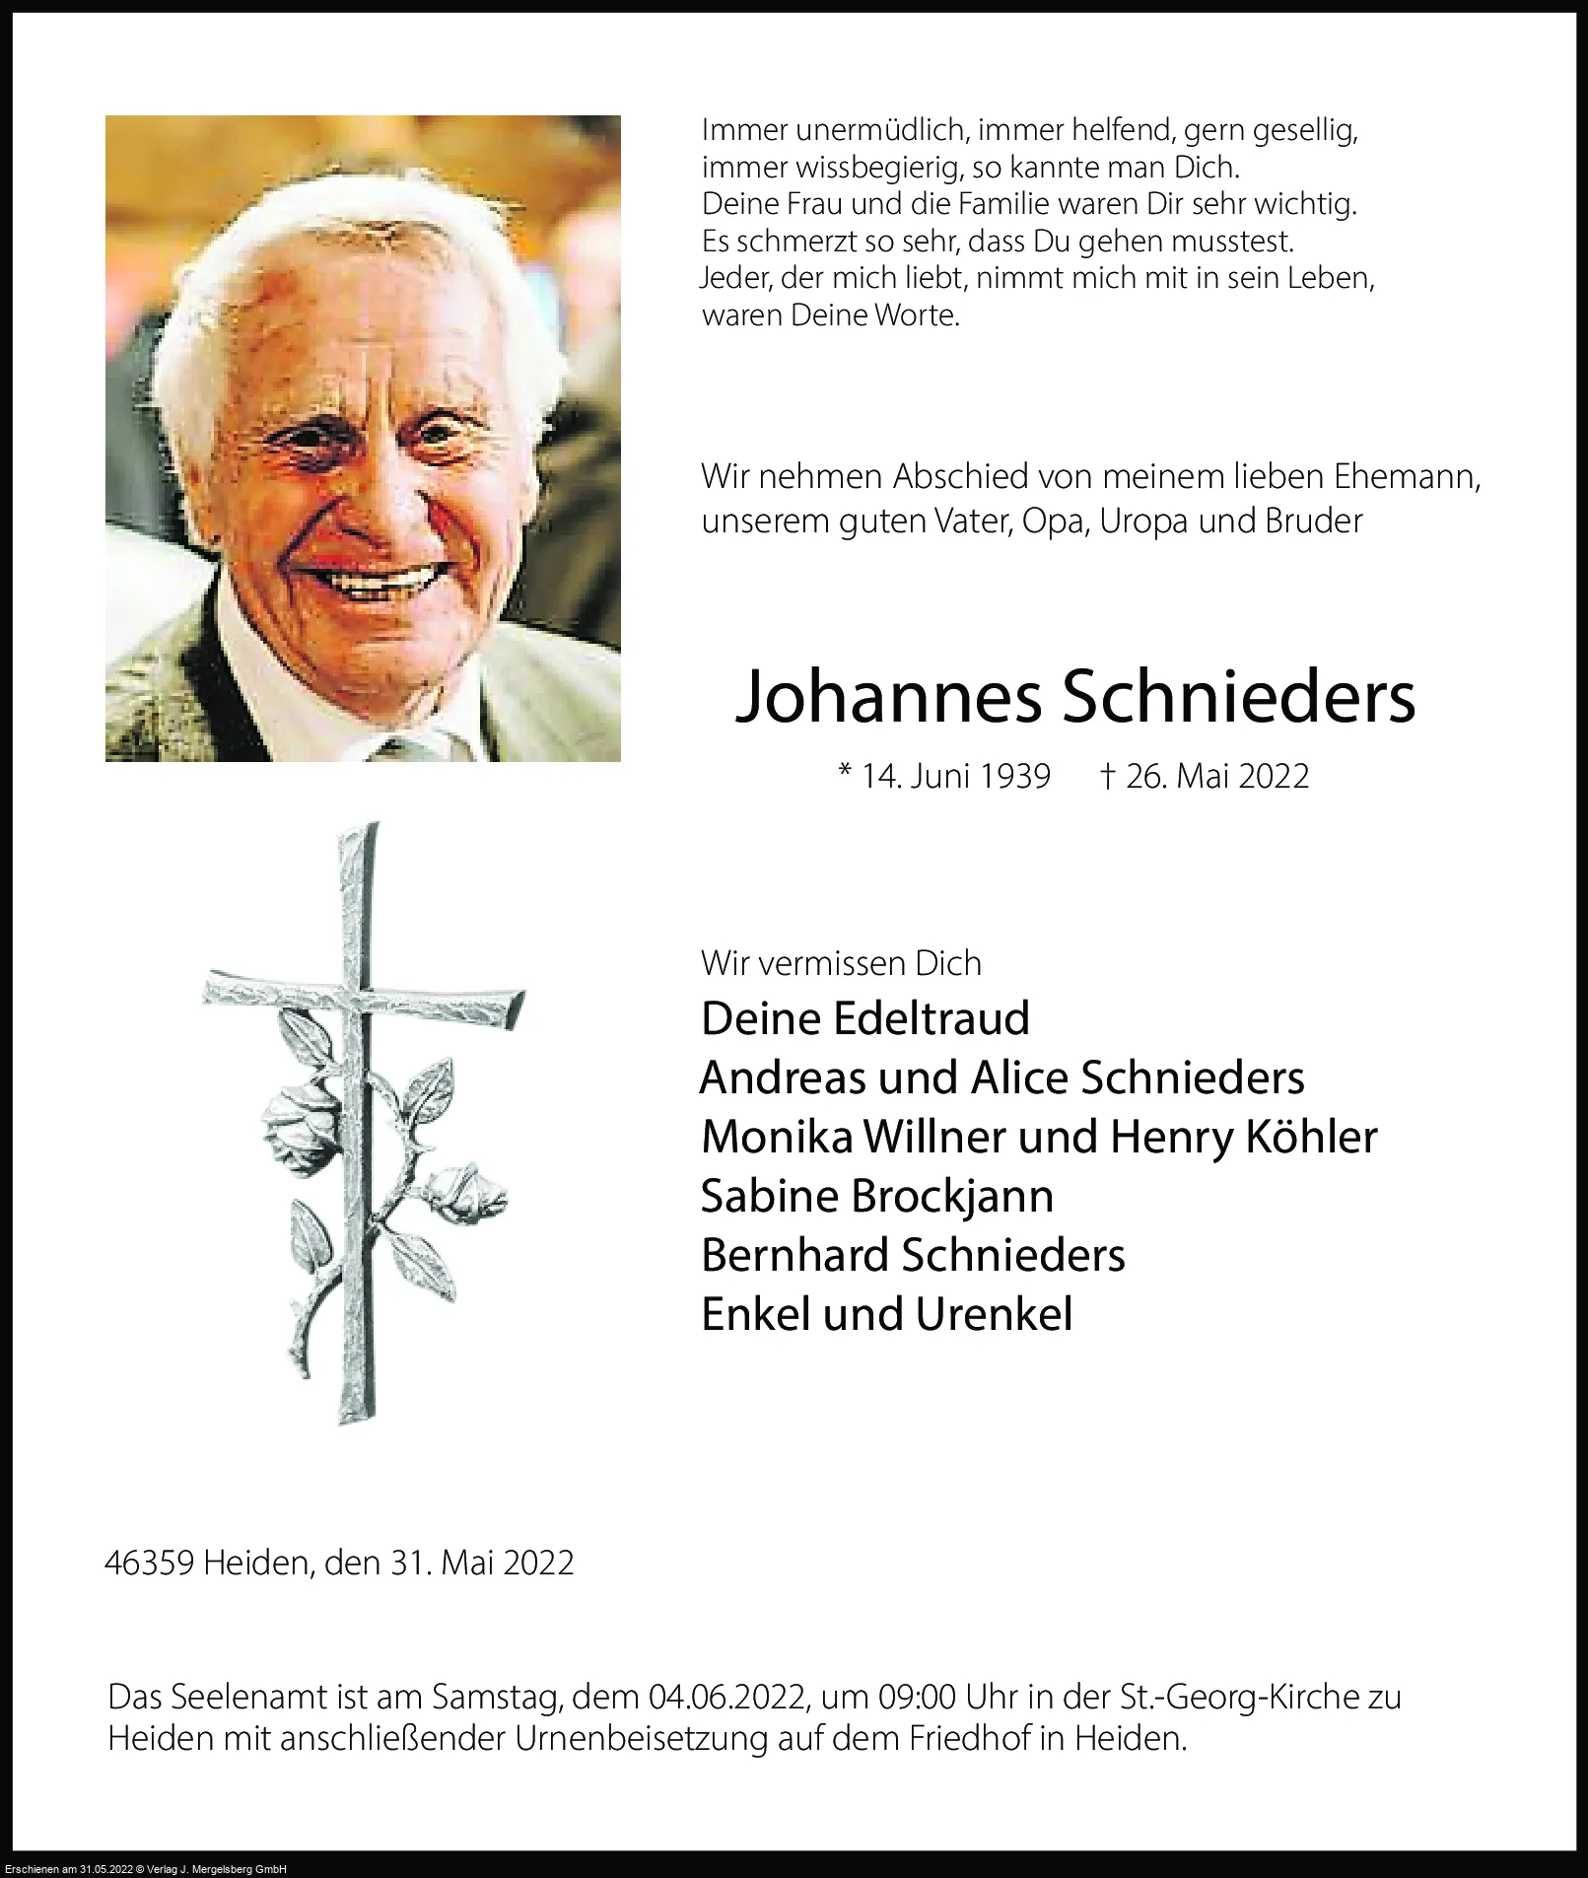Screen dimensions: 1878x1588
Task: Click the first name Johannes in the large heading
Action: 888,697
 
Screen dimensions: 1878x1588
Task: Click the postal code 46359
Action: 149,1564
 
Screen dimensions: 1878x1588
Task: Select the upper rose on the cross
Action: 300,1120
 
